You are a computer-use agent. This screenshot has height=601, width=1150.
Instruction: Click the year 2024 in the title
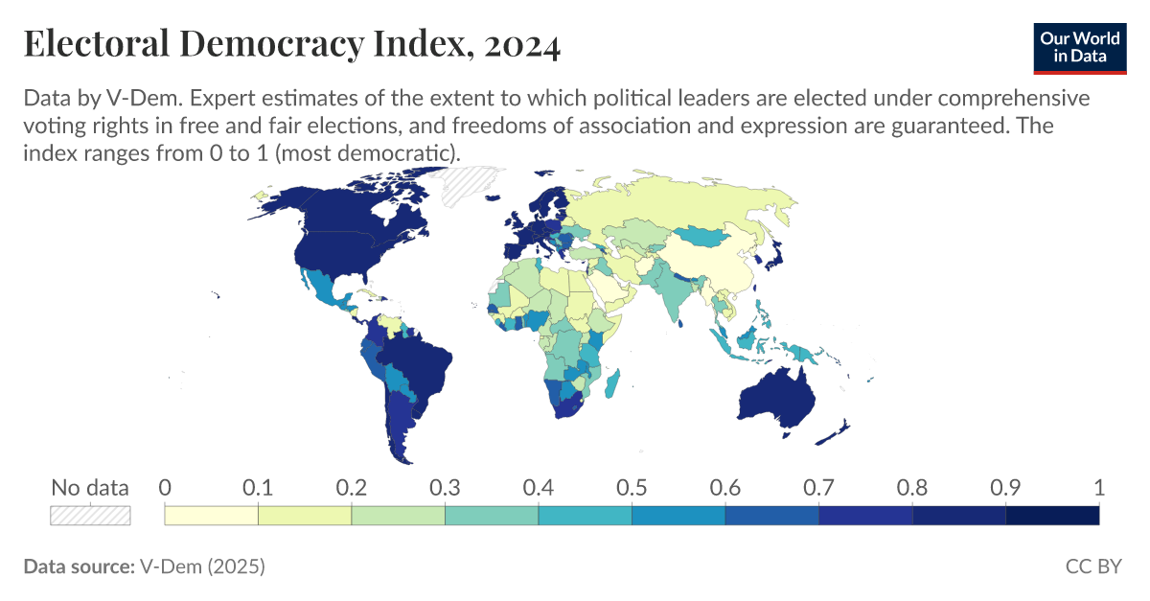[x=522, y=46]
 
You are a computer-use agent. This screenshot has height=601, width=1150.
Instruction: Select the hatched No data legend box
[x=90, y=516]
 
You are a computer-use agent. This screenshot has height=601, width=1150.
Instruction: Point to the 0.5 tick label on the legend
[x=632, y=487]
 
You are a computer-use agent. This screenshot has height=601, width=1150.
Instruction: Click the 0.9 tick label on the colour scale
[x=1005, y=487]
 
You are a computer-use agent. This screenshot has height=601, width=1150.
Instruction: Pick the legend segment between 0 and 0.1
[x=212, y=516]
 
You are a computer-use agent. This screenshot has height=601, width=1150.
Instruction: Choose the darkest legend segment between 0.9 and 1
[x=1052, y=516]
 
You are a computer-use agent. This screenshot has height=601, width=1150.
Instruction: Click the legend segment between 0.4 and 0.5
[x=585, y=516]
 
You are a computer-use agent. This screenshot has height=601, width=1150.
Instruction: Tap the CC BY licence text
[x=1092, y=566]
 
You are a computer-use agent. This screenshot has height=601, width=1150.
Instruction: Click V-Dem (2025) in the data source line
[x=202, y=566]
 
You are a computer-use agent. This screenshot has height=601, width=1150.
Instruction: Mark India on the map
[x=681, y=292]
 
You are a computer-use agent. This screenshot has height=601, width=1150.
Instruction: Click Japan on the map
[x=774, y=253]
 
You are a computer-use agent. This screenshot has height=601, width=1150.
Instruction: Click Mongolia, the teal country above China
[x=707, y=236]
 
